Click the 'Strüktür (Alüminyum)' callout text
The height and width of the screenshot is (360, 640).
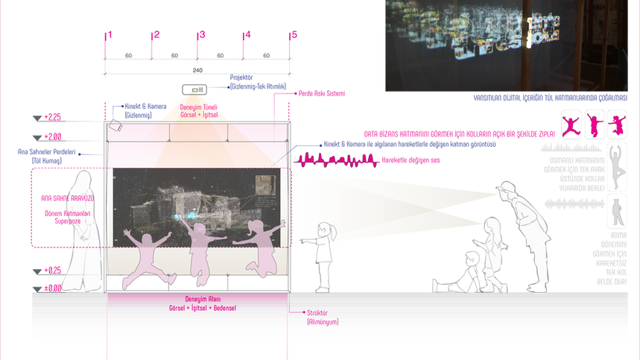pos(323,317)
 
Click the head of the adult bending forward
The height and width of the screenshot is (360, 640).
pos(509,189)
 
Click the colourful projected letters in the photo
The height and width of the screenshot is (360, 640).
pos(477,37)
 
